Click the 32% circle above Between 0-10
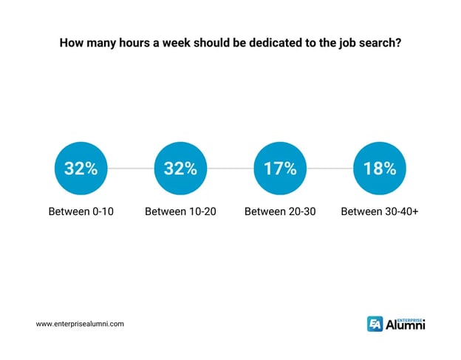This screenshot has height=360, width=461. [81, 169]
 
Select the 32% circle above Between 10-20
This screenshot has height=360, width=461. [180, 169]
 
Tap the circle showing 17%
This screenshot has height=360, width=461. [280, 169]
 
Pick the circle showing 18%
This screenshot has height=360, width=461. [380, 169]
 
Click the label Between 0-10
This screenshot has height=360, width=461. [81, 212]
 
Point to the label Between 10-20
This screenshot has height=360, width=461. [180, 212]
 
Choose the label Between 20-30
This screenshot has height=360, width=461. [280, 212]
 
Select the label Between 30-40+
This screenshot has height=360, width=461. [379, 212]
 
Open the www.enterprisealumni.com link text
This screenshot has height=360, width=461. [80, 324]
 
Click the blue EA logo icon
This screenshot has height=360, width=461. [375, 324]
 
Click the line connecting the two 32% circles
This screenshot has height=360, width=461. [131, 169]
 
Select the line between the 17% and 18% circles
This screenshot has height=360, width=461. [329, 169]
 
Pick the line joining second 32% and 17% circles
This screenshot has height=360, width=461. [230, 169]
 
